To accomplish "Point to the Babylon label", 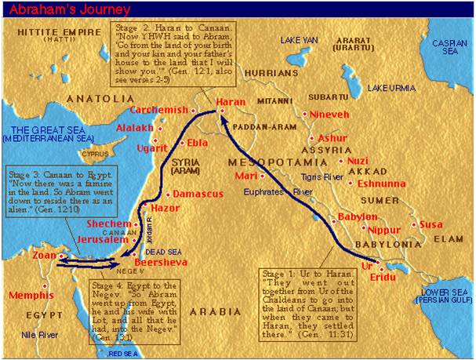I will (x=357, y=216).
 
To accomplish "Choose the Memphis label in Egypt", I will (x=32, y=296).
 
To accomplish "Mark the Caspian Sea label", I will (x=447, y=47).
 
